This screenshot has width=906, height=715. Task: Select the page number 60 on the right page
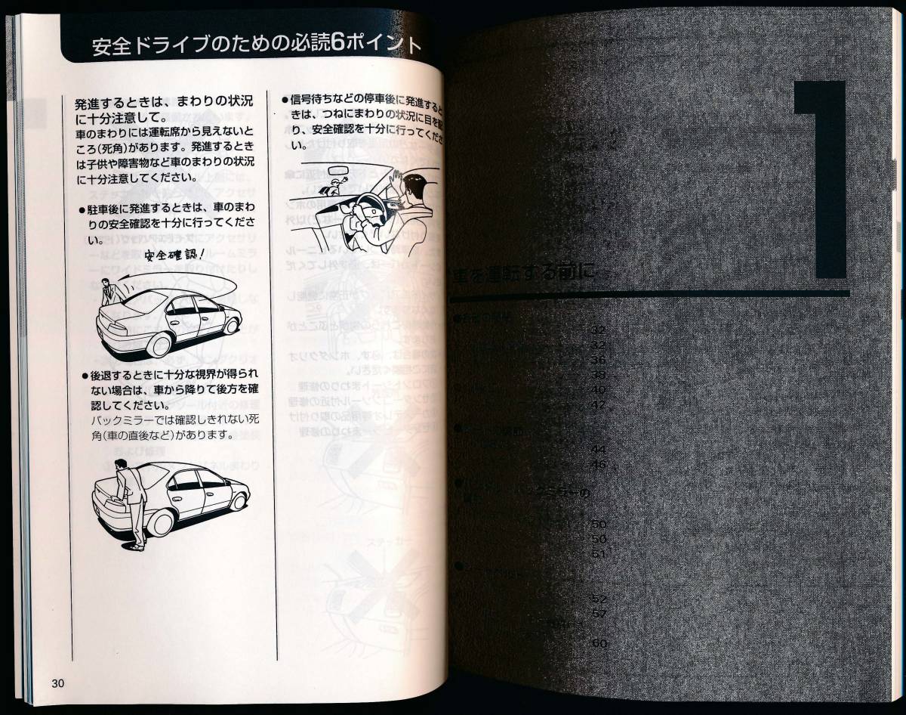click(x=599, y=644)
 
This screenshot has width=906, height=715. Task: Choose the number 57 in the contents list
click(x=599, y=613)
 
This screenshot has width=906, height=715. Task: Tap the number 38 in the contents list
click(x=599, y=374)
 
